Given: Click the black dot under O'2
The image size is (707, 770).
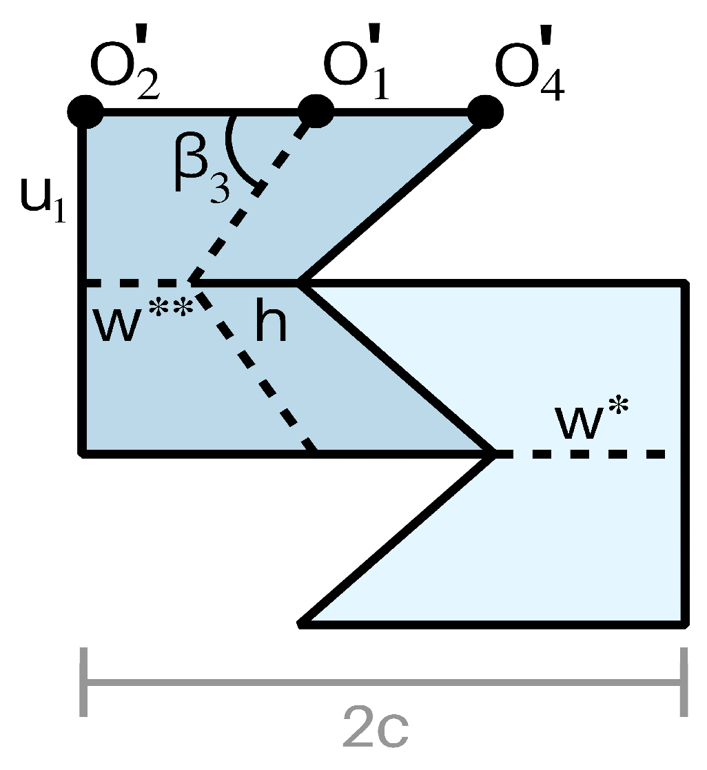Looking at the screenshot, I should click(x=85, y=111).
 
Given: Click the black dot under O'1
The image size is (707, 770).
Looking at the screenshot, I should click(x=316, y=111).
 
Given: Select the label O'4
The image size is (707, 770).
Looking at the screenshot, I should click(x=529, y=72).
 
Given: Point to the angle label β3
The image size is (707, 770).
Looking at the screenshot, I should click(x=200, y=175).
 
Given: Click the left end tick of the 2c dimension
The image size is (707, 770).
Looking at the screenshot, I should click(x=84, y=681).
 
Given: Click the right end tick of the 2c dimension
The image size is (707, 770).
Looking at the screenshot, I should click(x=682, y=681).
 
